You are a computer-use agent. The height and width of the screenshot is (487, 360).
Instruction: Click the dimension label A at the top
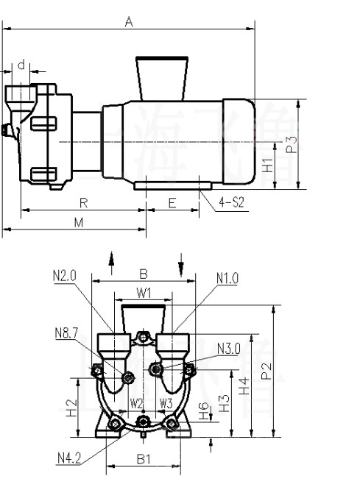128,22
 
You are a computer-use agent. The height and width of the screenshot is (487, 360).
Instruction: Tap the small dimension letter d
21,65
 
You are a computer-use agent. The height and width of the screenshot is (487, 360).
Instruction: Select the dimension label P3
292,144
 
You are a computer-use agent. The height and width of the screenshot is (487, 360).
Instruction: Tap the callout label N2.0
65,277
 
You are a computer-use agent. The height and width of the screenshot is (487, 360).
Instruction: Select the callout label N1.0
228,278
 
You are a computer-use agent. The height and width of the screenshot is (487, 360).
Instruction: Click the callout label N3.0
229,348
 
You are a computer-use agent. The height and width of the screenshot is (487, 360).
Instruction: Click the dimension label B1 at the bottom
144,460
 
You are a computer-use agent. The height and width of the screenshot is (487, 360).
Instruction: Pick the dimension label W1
144,292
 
